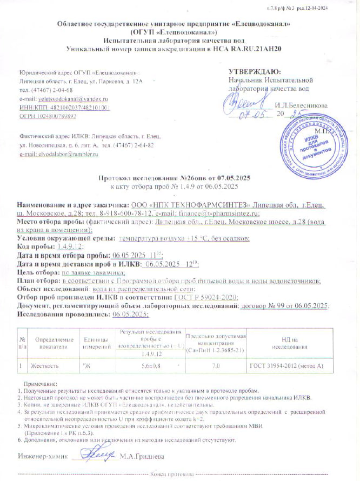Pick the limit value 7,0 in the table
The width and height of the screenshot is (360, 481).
216,366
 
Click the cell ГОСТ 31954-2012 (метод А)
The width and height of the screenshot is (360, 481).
286,366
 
